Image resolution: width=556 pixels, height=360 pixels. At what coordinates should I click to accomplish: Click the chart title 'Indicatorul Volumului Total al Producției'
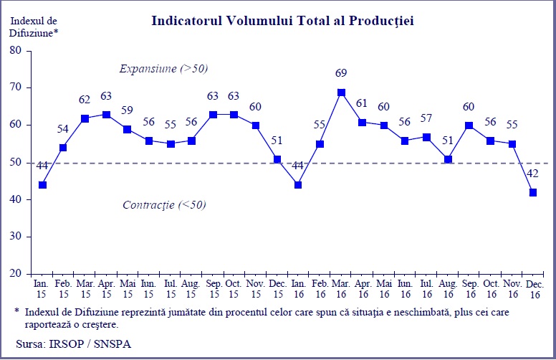[282, 21]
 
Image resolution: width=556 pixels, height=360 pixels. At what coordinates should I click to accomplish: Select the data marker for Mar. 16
[341, 92]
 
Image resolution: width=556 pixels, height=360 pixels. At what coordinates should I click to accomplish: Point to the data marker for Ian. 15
[42, 185]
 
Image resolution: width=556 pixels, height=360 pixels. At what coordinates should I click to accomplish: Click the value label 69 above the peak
[341, 73]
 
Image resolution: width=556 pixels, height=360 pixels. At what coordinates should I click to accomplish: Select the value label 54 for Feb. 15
[63, 128]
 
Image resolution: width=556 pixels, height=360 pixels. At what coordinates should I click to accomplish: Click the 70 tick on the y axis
[16, 87]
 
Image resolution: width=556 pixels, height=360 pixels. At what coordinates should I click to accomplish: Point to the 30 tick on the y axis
[16, 237]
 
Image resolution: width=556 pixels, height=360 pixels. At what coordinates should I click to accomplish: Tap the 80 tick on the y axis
[16, 50]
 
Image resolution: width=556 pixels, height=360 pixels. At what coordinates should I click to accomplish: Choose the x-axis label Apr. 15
[106, 290]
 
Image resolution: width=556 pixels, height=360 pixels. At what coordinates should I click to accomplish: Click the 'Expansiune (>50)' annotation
[163, 69]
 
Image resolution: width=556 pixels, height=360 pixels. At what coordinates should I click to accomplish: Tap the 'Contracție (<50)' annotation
[163, 204]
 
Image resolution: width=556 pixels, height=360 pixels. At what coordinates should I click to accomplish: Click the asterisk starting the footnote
[16, 311]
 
